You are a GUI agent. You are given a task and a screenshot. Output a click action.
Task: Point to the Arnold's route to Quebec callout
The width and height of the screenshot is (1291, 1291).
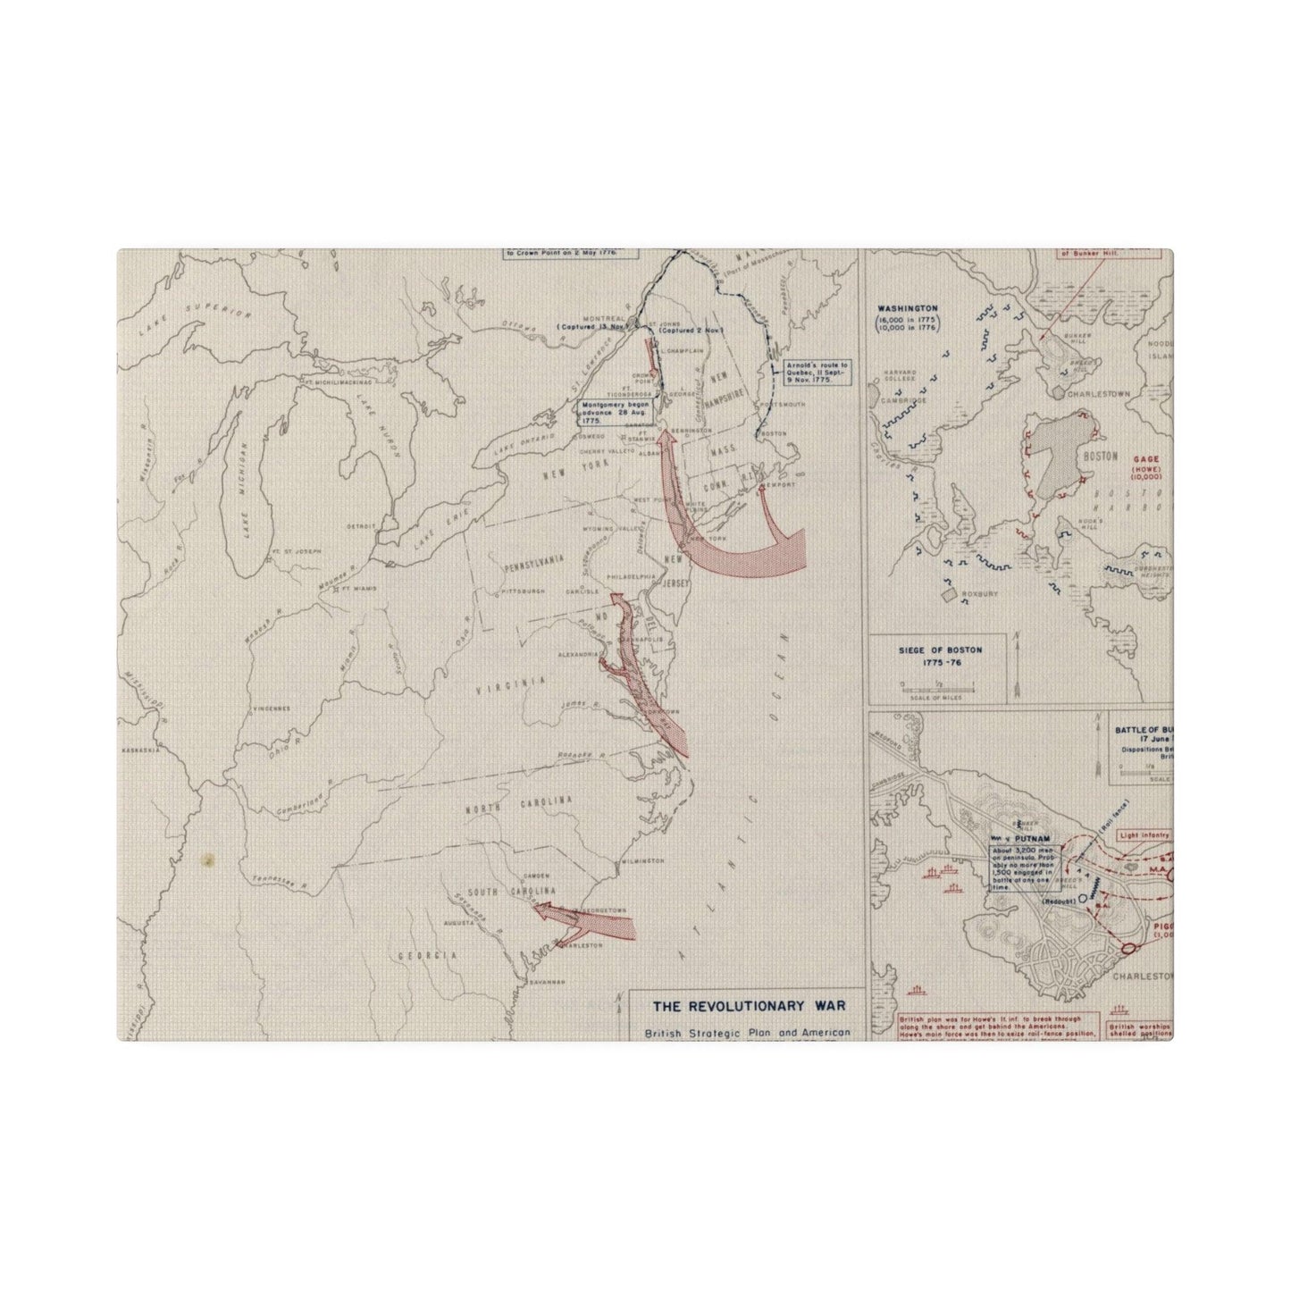point(809,373)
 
